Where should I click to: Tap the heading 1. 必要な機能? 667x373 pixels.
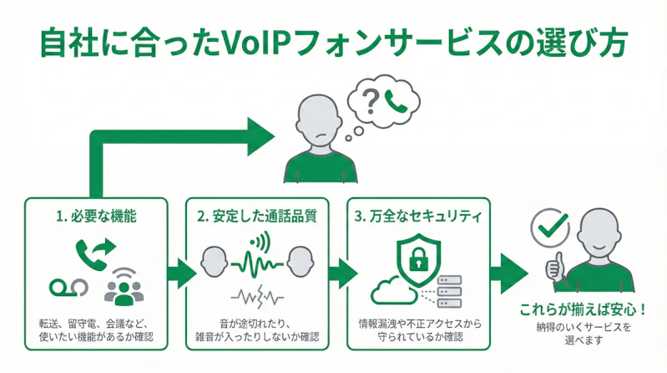pos(97,216)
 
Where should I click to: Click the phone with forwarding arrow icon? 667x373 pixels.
pos(96,251)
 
